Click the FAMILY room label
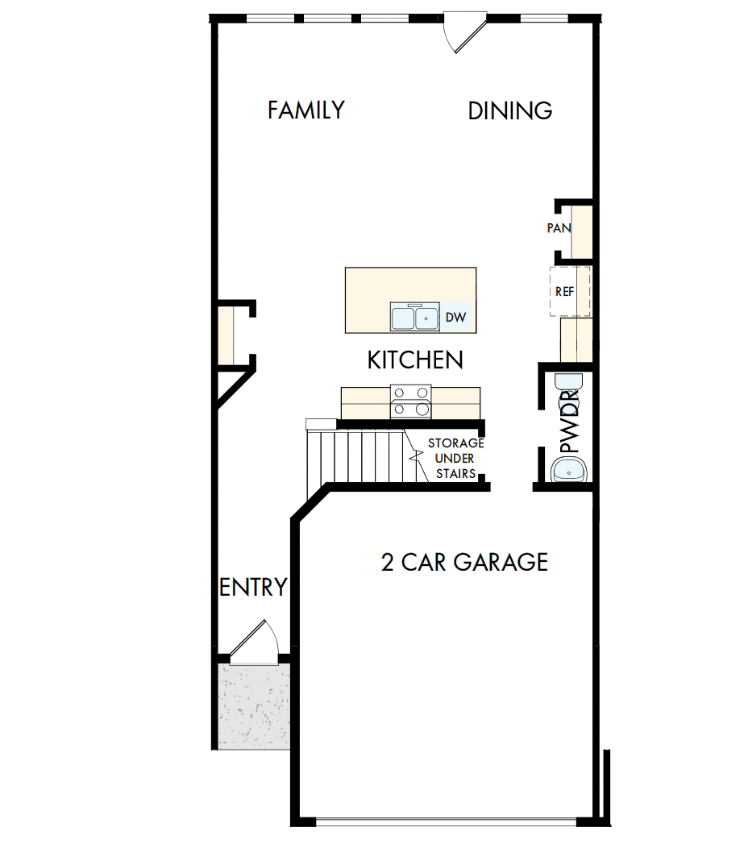pyautogui.click(x=306, y=110)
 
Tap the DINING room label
pyautogui.click(x=510, y=111)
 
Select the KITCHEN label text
pyautogui.click(x=415, y=360)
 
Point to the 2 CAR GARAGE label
pyautogui.click(x=464, y=562)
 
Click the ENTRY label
pyautogui.click(x=253, y=588)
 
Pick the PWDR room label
pyautogui.click(x=570, y=422)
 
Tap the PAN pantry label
pyautogui.click(x=559, y=228)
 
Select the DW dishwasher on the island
pyautogui.click(x=455, y=318)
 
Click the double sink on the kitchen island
pyautogui.click(x=415, y=318)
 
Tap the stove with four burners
pyautogui.click(x=410, y=401)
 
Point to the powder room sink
pyautogui.click(x=569, y=468)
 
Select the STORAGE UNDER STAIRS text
pyautogui.click(x=455, y=459)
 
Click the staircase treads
pyautogui.click(x=355, y=455)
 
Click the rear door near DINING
pyautogui.click(x=464, y=32)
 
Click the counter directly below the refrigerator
pyautogui.click(x=576, y=339)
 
